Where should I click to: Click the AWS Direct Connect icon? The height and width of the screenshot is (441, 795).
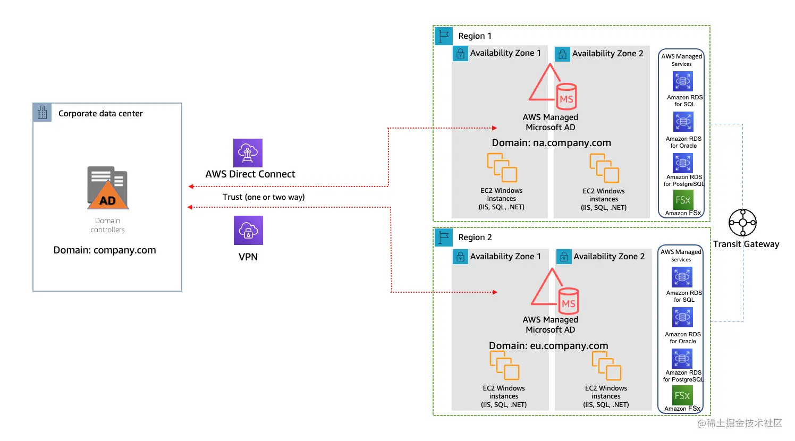point(248,153)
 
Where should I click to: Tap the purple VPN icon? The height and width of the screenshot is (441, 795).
point(248,230)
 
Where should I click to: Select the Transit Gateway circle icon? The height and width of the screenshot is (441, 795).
point(742,223)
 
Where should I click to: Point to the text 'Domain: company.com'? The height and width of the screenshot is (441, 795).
point(105,250)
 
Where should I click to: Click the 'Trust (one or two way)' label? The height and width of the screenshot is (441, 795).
point(264,197)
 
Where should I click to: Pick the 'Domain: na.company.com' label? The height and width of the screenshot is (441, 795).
point(551,143)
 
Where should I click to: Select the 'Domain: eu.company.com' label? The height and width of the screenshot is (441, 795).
point(548,346)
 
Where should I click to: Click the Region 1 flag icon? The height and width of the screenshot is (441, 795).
point(444,36)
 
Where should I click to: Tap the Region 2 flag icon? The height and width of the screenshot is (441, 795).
point(444,237)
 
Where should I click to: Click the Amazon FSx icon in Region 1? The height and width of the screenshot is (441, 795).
point(683,200)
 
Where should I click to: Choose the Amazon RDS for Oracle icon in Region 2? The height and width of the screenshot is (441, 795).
point(682,318)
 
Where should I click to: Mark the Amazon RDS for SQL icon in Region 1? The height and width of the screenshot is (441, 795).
point(683,81)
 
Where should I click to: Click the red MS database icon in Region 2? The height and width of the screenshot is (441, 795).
point(568,301)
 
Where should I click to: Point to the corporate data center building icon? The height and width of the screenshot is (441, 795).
point(43,113)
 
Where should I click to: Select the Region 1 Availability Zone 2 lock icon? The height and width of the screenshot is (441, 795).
point(562,54)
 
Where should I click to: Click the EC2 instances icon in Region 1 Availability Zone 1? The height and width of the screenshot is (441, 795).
point(502,167)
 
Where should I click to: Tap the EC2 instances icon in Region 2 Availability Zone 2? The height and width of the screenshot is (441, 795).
point(606,366)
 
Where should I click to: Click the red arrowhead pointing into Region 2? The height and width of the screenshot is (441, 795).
point(495,292)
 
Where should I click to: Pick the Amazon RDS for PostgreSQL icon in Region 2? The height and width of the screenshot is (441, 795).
point(682,359)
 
